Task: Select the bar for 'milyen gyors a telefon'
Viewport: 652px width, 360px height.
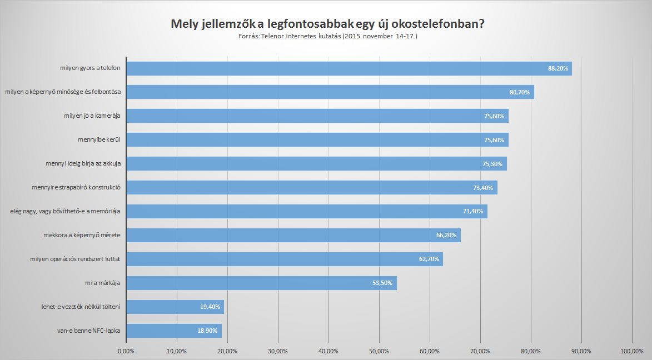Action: [x=334, y=68]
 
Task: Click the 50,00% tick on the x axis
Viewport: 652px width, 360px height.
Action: [x=379, y=351]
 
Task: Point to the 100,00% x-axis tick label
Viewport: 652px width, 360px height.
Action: [x=631, y=351]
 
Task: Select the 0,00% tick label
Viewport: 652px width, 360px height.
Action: [x=126, y=351]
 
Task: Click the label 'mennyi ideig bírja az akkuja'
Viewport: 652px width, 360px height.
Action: [x=83, y=164]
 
